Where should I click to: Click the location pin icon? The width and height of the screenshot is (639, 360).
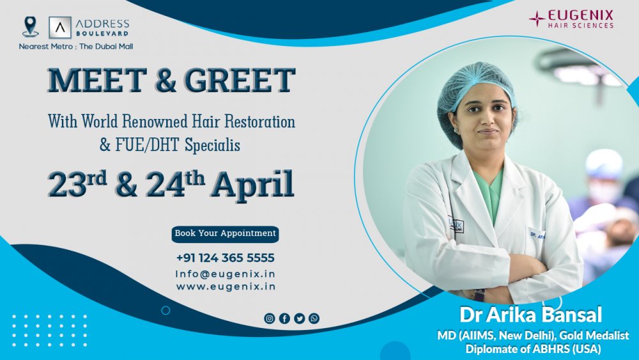[31, 27]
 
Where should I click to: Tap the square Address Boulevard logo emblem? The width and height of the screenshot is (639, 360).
[60, 27]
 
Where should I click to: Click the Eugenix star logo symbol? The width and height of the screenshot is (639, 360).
[537, 19]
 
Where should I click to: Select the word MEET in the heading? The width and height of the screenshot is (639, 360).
[97, 80]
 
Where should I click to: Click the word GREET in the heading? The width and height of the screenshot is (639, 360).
[240, 80]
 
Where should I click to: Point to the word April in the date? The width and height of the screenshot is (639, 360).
[252, 185]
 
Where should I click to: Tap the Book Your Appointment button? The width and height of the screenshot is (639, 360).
[226, 234]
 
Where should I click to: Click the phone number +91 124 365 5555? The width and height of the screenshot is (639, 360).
[226, 258]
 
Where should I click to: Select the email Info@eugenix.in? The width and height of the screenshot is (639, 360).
[226, 274]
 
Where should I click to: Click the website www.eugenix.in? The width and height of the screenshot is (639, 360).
[226, 286]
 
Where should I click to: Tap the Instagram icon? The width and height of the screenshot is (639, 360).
[270, 318]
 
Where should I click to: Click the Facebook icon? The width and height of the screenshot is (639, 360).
[284, 318]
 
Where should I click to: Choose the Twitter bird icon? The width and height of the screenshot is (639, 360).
[300, 318]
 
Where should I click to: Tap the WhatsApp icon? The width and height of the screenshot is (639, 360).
[314, 318]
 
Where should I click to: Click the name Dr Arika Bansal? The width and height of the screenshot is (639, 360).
[530, 315]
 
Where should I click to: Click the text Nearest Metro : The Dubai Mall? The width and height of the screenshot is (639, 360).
[76, 47]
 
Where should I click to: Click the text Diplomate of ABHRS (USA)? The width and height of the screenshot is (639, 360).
[533, 349]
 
